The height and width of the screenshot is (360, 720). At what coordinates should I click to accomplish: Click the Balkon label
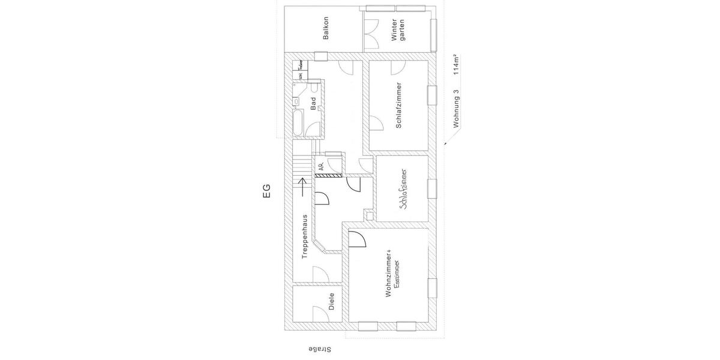pyautogui.click(x=326, y=28)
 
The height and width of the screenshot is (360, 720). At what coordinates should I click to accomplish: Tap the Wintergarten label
pyautogui.click(x=398, y=29)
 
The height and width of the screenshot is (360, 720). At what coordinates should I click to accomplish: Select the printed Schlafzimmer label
pyautogui.click(x=399, y=106)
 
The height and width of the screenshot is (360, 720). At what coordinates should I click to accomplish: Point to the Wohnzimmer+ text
pyautogui.click(x=389, y=273)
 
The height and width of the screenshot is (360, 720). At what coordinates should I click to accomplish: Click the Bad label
pyautogui.click(x=313, y=104)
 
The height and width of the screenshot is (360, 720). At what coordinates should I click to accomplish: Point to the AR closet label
pyautogui.click(x=322, y=166)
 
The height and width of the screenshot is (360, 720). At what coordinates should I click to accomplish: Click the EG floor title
pyautogui.click(x=267, y=191)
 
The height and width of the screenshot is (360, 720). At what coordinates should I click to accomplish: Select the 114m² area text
pyautogui.click(x=457, y=64)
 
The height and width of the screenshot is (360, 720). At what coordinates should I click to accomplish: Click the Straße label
pyautogui.click(x=319, y=349)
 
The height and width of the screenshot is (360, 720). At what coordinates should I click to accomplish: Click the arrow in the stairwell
pyautogui.click(x=302, y=187)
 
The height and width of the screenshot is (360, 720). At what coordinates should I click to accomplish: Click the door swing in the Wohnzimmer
pyautogui.click(x=357, y=240)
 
